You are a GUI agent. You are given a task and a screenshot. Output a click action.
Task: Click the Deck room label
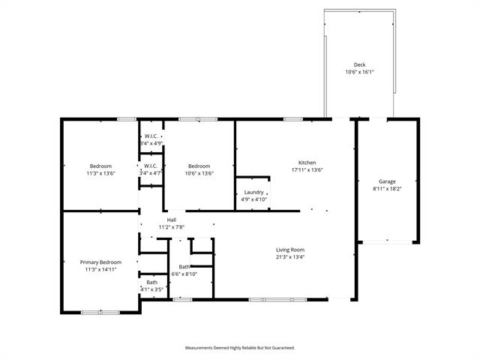point(359,65)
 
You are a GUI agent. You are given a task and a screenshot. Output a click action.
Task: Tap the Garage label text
point(387,181)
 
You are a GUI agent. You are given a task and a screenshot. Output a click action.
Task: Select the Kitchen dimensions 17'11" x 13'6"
point(307,170)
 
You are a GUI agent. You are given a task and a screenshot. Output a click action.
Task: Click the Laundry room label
point(253,192)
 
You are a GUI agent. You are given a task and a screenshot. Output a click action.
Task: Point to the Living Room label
point(290,250)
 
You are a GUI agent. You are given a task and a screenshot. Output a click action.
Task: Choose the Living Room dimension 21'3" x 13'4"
point(290,257)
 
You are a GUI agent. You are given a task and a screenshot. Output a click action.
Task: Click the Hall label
point(172,219)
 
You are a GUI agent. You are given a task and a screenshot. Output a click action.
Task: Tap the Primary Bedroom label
point(100,262)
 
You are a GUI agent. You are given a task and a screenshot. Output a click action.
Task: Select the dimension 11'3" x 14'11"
point(100,269)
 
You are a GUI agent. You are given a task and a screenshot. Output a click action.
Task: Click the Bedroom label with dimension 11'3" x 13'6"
point(100,166)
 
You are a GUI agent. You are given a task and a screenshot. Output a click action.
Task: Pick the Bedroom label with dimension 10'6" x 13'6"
point(199,166)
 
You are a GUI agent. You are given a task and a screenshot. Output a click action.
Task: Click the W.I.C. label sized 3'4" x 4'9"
point(150,136)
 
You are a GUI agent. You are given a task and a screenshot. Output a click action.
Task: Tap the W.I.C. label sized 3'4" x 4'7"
point(150,166)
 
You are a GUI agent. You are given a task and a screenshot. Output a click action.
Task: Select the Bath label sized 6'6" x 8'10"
point(184,267)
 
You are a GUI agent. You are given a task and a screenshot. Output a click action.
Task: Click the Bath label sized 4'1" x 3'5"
point(151,282)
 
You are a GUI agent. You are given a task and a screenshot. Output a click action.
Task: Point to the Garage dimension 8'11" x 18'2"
point(387,189)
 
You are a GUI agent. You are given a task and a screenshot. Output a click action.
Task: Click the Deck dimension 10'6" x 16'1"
point(359,73)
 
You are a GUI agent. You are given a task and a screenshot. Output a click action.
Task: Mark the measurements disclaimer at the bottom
point(240,348)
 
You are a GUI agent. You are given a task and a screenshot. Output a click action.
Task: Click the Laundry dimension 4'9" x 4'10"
point(253,199)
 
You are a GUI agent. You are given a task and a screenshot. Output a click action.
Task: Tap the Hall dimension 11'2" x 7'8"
point(172,226)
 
